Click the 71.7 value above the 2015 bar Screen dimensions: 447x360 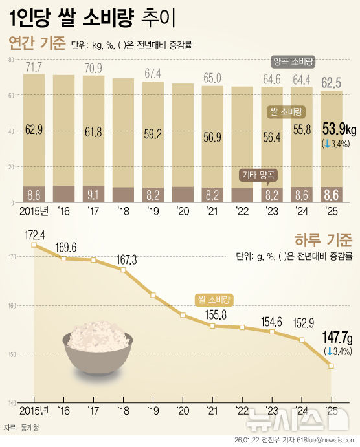(x=34, y=67)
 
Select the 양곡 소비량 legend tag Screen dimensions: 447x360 (x=293, y=62)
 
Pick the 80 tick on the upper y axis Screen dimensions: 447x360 (x=11, y=60)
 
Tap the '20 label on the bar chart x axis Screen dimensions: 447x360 (x=183, y=212)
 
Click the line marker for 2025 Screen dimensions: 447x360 (x=332, y=366)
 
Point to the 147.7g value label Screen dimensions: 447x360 (x=337, y=338)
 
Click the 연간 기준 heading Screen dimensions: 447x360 (x=37, y=43)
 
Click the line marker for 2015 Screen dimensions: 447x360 (x=34, y=245)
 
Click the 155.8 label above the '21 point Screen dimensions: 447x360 (x=212, y=314)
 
